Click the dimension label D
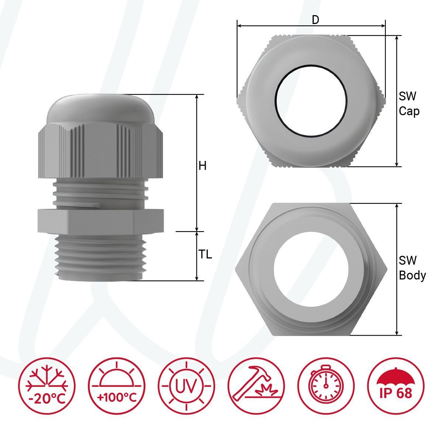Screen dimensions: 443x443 click(315, 20)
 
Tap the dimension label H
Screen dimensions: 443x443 click(202, 166)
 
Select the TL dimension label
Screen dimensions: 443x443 click(205, 254)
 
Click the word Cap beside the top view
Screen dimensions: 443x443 click(409, 111)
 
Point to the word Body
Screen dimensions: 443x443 click(412, 276)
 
